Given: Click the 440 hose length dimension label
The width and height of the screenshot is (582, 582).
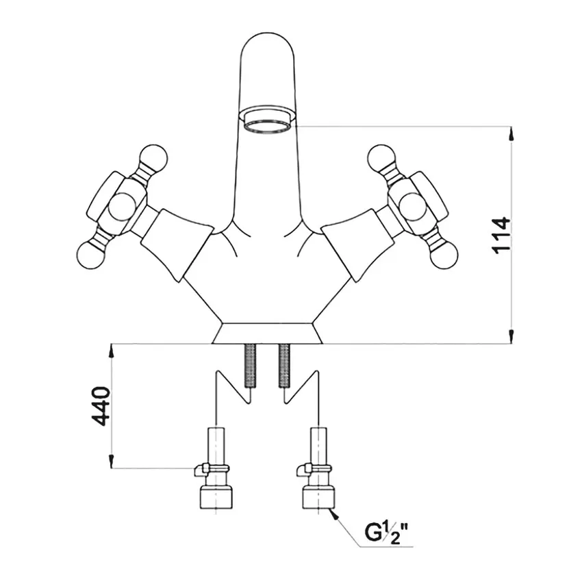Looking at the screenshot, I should [x=101, y=405].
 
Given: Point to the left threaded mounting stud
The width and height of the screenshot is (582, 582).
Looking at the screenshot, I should [x=251, y=367].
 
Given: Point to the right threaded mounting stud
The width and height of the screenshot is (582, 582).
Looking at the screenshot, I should [x=284, y=366].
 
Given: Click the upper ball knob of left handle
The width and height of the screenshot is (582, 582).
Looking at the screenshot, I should [x=154, y=159].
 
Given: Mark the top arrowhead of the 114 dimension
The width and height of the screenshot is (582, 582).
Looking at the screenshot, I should [x=511, y=132].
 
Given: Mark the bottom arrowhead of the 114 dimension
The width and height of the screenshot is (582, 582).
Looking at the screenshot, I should [x=511, y=337].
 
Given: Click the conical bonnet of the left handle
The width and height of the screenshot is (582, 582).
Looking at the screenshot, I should [x=177, y=240].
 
